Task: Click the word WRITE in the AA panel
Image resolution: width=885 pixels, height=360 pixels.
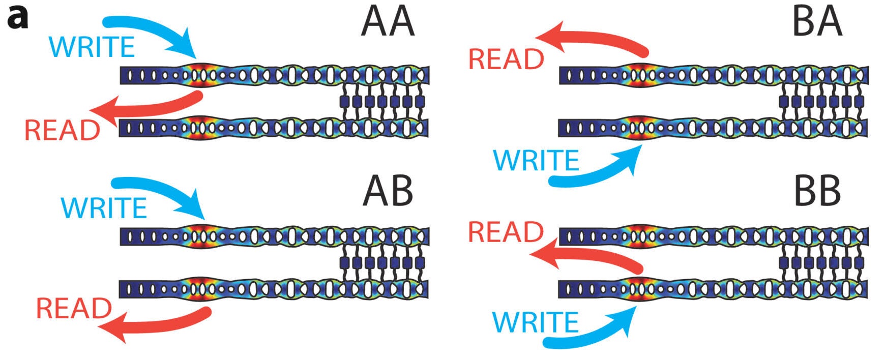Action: coord(92,47)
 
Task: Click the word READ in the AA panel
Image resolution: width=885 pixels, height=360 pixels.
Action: coord(62,130)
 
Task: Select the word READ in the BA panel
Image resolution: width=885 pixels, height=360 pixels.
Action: coord(506,59)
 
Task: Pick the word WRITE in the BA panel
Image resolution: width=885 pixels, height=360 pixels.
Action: coord(537,161)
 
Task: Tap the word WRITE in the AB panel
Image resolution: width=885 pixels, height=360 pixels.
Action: coord(104,208)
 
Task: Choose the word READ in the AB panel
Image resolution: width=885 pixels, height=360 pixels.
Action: coord(74,309)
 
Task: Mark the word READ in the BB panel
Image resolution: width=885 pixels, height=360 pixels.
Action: coord(506,232)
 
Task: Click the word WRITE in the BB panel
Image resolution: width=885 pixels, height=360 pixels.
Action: coord(536,322)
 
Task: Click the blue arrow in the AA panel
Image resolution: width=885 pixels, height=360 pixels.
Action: coord(153,31)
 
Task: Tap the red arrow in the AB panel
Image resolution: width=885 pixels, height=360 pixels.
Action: coord(158,325)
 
